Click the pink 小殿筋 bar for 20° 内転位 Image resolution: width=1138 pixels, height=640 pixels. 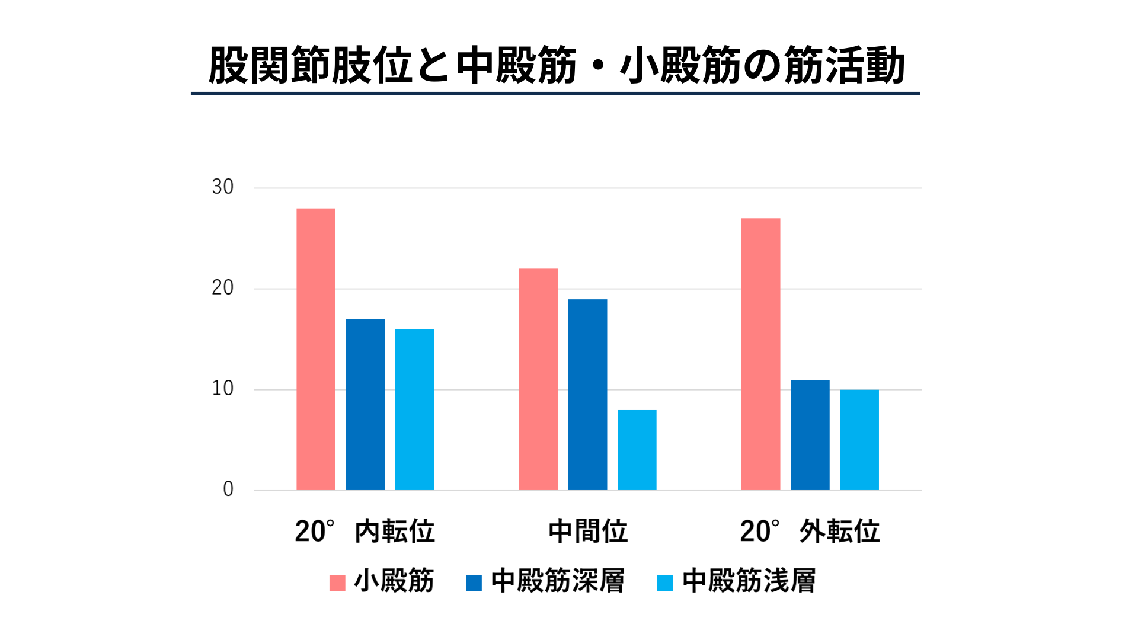click(316, 349)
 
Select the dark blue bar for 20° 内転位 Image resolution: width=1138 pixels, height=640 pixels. click(365, 405)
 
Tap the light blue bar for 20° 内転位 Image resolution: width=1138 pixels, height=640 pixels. click(414, 409)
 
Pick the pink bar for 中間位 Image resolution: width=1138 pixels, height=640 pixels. click(538, 379)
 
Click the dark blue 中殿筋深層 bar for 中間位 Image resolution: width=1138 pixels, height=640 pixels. click(587, 395)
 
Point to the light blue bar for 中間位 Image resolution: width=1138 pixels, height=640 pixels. click(637, 450)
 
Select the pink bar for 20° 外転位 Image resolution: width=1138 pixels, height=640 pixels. click(760, 354)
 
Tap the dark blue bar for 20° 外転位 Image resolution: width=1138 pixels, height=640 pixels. click(810, 435)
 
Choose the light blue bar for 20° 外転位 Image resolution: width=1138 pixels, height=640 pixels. click(859, 440)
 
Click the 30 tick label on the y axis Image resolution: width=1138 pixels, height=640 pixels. click(223, 187)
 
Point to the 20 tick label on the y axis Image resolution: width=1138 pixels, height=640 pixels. click(223, 288)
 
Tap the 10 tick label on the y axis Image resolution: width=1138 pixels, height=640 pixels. click(223, 389)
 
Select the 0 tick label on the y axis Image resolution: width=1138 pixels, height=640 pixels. click(228, 489)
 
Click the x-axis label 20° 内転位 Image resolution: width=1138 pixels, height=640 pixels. click(365, 532)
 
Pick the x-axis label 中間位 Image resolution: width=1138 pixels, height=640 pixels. click(588, 532)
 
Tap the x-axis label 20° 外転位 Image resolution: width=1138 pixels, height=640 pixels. click(810, 532)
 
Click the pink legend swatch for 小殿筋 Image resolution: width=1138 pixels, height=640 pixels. click(337, 583)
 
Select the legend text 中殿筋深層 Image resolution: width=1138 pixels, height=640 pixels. click(558, 581)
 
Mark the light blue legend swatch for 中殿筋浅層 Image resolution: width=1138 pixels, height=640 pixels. click(665, 583)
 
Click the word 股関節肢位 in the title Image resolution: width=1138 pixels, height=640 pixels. click(310, 65)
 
